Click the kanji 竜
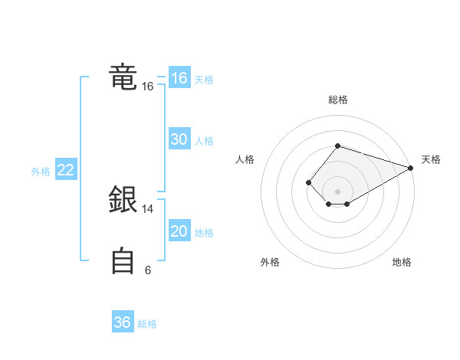(x=123, y=78)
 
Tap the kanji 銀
(x=123, y=201)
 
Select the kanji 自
(x=123, y=261)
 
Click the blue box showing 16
(x=179, y=78)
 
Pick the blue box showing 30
(x=179, y=139)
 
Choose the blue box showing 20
(x=179, y=231)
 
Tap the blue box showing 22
(x=65, y=170)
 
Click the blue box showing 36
(x=123, y=322)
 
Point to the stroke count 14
(x=147, y=208)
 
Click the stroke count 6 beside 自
(x=147, y=270)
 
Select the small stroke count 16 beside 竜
(x=147, y=87)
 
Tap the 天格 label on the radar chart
(x=431, y=159)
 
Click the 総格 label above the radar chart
(x=337, y=100)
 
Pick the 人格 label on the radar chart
(x=245, y=159)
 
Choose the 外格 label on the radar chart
(x=270, y=262)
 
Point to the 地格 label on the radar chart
(x=402, y=262)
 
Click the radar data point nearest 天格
(x=411, y=168)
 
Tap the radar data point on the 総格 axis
(x=337, y=146)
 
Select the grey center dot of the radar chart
(x=337, y=191)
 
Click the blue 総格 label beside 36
(x=147, y=323)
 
